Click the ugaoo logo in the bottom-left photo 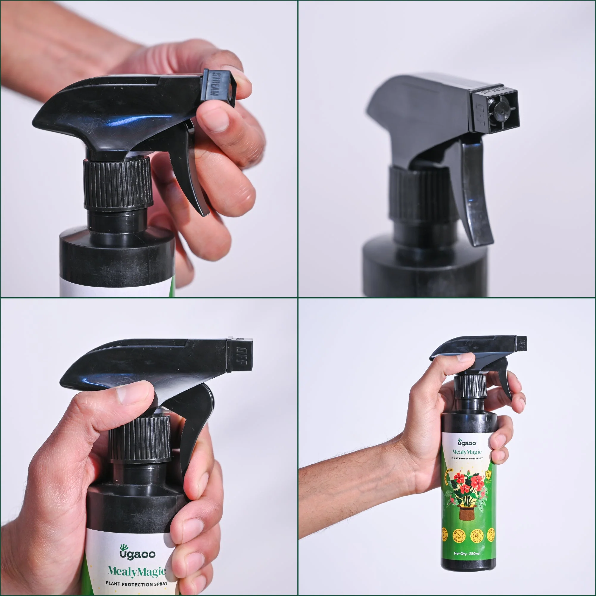(x=137, y=553)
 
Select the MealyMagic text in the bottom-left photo (x=137, y=572)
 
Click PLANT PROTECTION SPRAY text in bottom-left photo (x=136, y=584)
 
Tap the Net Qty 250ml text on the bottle (x=466, y=553)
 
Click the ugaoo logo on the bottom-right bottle (x=466, y=443)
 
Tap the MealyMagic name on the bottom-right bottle (x=466, y=452)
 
